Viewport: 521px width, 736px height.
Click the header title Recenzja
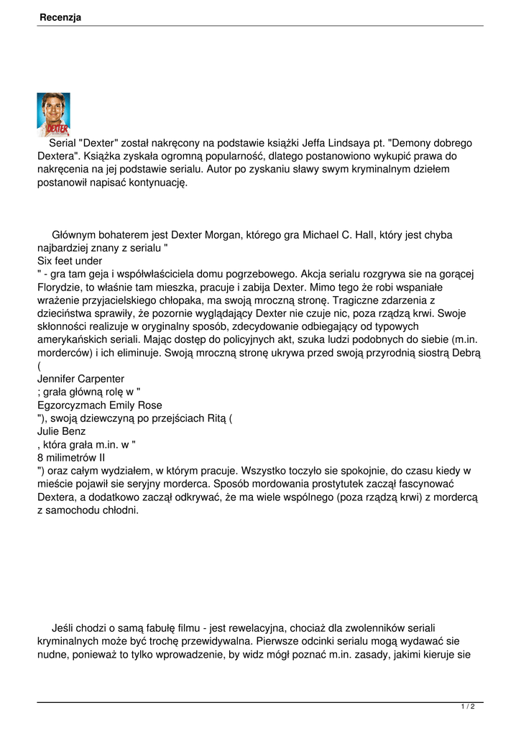click(x=60, y=17)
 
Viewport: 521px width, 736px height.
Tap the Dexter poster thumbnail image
click(x=53, y=114)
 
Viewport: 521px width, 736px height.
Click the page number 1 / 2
click(x=468, y=707)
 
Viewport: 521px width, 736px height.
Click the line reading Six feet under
click(x=70, y=261)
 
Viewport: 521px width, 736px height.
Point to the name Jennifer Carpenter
click(x=80, y=379)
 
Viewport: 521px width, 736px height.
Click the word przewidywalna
click(x=239, y=640)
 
